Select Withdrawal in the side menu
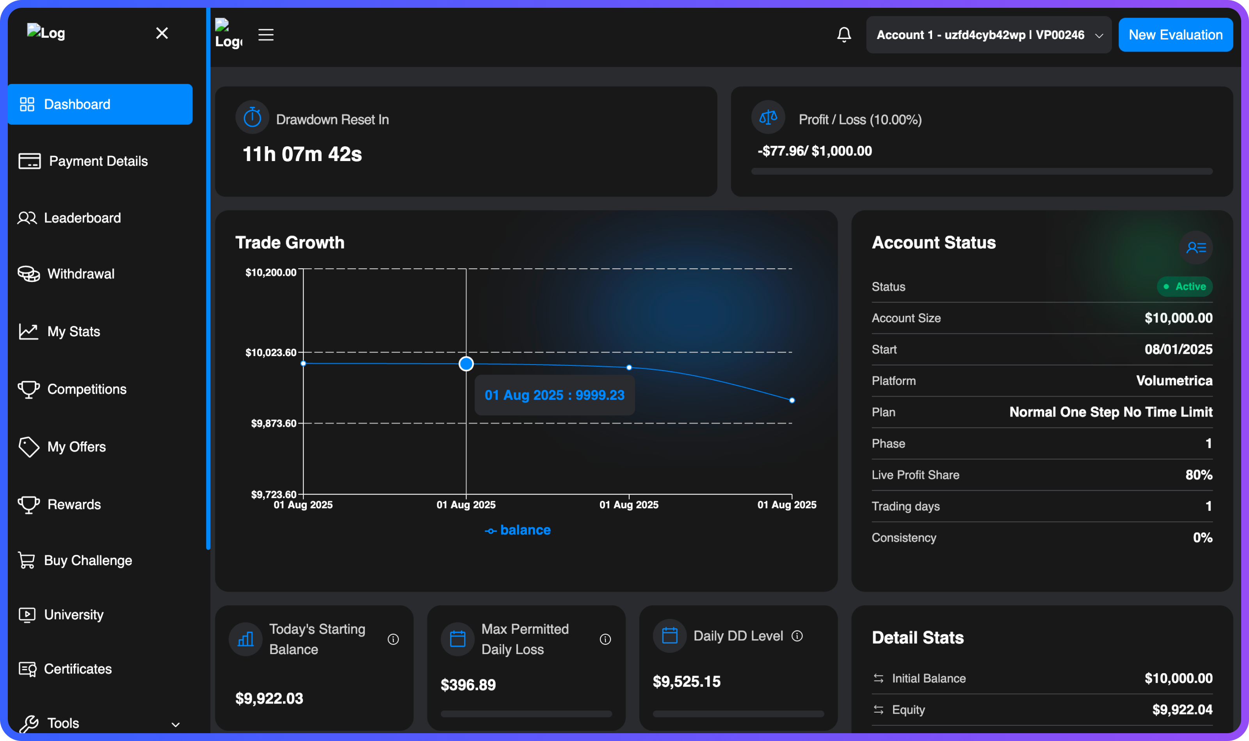81,274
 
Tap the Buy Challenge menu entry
88,560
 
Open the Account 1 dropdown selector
988,35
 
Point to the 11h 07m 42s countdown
302,154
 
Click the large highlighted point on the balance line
466,363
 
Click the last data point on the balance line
792,401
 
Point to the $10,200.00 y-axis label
271,273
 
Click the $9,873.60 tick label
273,424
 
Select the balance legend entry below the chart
518,530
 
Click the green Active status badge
1185,287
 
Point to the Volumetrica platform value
1174,381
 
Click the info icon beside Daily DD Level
797,636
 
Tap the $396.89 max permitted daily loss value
468,684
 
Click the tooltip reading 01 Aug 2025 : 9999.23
554,395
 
